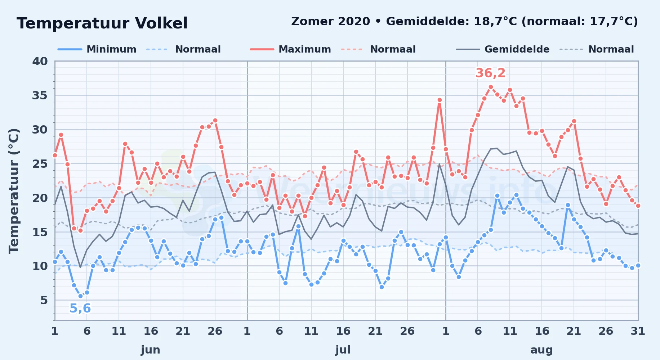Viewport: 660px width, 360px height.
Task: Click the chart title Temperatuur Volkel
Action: [102, 23]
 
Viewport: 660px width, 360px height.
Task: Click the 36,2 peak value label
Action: [491, 73]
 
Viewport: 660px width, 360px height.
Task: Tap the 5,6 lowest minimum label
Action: [80, 309]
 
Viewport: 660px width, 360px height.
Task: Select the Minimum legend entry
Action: [97, 49]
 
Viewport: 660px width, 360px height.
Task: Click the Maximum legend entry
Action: [290, 49]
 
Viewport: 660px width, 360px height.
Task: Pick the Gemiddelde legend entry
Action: [503, 49]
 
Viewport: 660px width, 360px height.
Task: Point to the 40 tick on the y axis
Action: [40, 61]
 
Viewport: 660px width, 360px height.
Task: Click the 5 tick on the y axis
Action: [44, 300]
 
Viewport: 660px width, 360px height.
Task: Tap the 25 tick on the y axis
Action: [40, 164]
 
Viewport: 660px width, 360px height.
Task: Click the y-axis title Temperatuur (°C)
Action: [14, 191]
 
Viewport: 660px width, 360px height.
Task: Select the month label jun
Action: [151, 350]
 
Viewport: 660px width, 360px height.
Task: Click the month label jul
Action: [343, 350]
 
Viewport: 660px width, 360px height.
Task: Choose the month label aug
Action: [541, 350]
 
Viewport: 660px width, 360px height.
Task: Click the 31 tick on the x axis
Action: [638, 331]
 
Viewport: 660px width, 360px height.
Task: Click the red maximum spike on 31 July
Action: [440, 100]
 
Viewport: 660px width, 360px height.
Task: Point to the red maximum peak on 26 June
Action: [215, 120]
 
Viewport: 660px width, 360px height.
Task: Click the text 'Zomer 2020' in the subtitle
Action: [330, 22]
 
